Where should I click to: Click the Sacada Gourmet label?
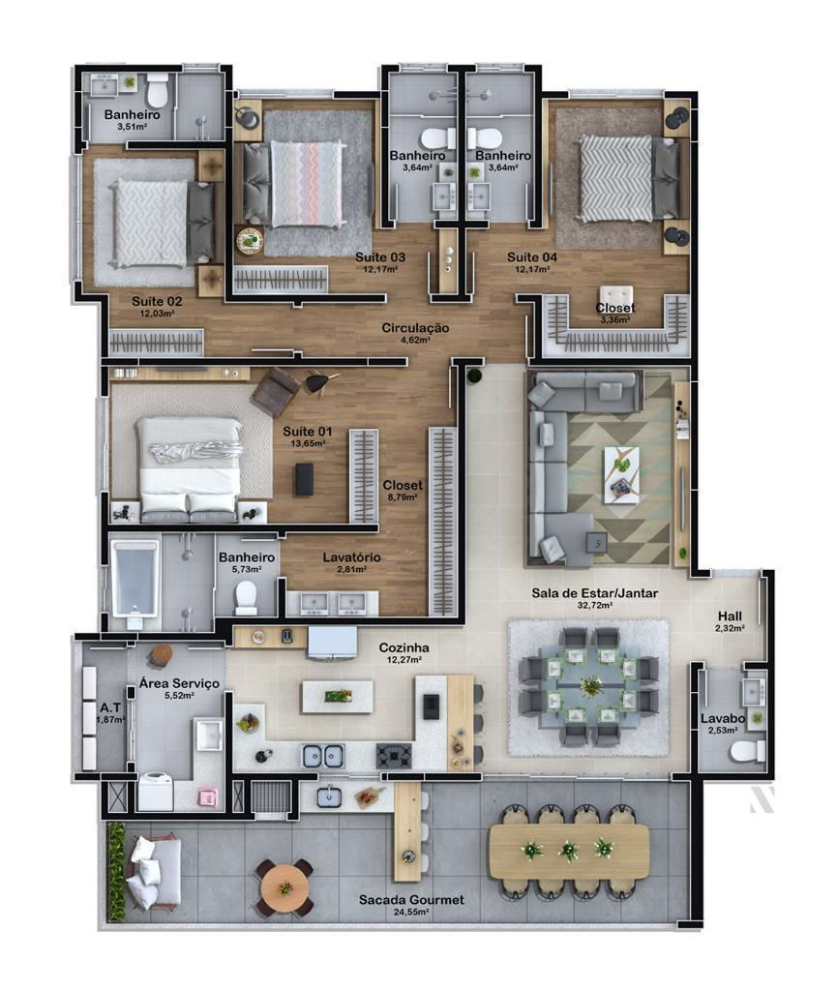click(x=411, y=899)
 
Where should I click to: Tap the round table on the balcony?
click(x=284, y=887)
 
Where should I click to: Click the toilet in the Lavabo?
click(x=747, y=751)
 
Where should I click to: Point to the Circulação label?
click(x=415, y=328)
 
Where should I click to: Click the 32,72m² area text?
click(x=594, y=606)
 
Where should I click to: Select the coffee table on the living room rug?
click(x=621, y=474)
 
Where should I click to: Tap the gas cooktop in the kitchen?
click(x=394, y=756)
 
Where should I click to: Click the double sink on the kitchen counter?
click(x=323, y=756)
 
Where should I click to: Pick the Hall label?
click(x=730, y=616)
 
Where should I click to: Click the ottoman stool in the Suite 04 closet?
click(x=616, y=299)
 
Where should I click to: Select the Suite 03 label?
click(x=380, y=257)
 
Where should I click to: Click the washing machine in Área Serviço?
click(x=155, y=792)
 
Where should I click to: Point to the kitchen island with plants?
click(x=338, y=697)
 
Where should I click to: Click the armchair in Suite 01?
click(x=277, y=392)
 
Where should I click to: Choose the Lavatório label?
click(x=351, y=557)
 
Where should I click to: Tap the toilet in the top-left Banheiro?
click(x=157, y=92)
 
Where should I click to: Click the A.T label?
click(x=110, y=707)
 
